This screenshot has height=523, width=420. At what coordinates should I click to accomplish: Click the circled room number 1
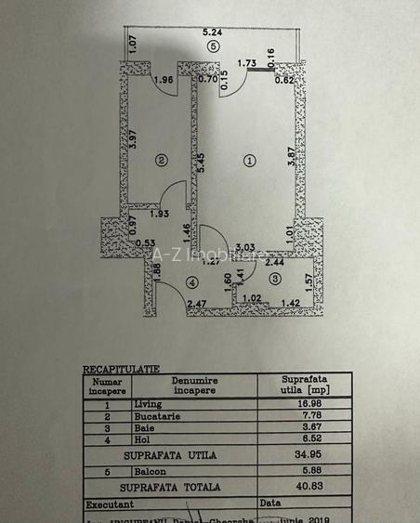click(249, 161)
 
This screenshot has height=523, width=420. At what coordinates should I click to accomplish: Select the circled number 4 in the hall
click(192, 281)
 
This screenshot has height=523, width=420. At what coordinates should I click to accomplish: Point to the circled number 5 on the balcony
click(213, 46)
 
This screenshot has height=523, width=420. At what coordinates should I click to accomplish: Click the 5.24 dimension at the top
click(213, 33)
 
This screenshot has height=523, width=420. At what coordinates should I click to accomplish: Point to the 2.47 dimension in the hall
click(196, 304)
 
